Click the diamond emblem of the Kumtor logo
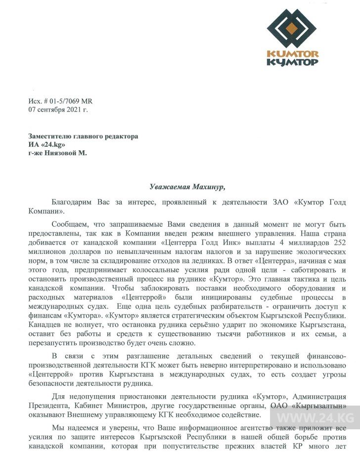[x=291, y=28]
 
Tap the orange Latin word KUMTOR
[x=292, y=54]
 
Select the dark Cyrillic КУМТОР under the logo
[x=292, y=62]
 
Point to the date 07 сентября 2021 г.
[x=58, y=110]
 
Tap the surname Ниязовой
[x=63, y=153]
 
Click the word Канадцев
[x=46, y=324]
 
